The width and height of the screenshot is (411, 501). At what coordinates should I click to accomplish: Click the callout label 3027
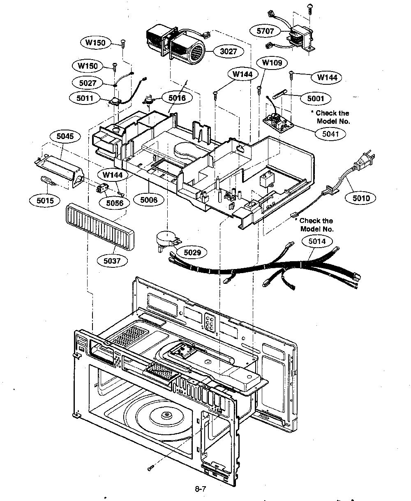pyautogui.click(x=229, y=51)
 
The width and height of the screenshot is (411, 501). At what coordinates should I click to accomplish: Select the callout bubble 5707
pyautogui.click(x=265, y=31)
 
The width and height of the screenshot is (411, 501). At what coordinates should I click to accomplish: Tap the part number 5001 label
pyautogui.click(x=316, y=98)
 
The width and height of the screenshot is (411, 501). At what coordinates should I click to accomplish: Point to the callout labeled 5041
pyautogui.click(x=330, y=134)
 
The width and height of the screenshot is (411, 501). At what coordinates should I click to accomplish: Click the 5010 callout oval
pyautogui.click(x=361, y=198)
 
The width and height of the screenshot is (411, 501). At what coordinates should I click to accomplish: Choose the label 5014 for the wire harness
pyautogui.click(x=317, y=241)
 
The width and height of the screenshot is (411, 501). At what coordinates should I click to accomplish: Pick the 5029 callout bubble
pyautogui.click(x=192, y=252)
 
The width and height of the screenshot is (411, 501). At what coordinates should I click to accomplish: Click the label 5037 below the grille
pyautogui.click(x=112, y=261)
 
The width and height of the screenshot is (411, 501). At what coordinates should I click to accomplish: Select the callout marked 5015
pyautogui.click(x=45, y=200)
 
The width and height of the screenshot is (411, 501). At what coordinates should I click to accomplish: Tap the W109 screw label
pyautogui.click(x=272, y=63)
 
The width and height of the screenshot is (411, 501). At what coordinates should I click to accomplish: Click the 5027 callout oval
pyautogui.click(x=88, y=83)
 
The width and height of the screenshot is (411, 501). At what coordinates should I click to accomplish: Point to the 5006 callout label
pyautogui.click(x=149, y=200)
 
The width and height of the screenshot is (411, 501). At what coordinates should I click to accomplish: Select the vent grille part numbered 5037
pyautogui.click(x=100, y=227)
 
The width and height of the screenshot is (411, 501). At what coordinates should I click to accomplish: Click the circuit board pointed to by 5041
pyautogui.click(x=278, y=123)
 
